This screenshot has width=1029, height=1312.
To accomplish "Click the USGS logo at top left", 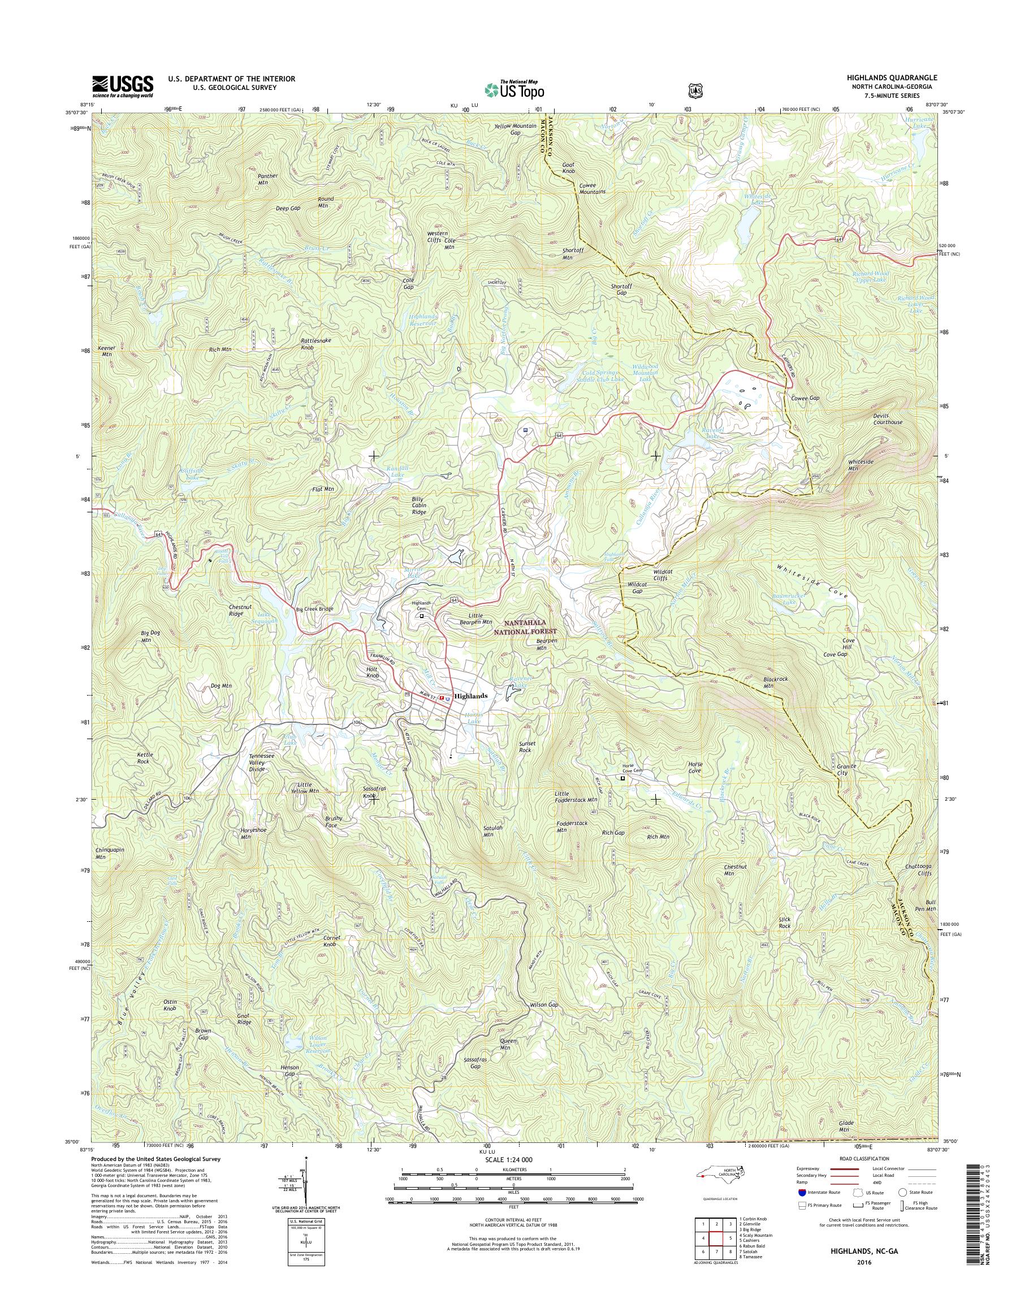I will click(122, 86).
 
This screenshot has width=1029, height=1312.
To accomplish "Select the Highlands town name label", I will click(470, 696).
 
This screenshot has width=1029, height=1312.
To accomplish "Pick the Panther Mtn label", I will click(267, 179).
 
